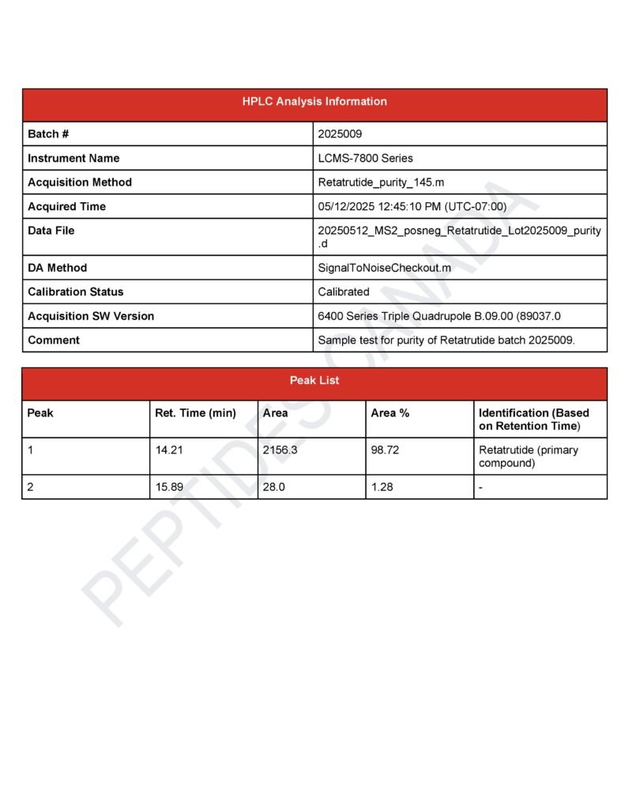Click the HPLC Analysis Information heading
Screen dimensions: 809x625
point(314,102)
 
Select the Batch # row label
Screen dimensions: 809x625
point(49,134)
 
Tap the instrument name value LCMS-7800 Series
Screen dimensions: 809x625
point(365,158)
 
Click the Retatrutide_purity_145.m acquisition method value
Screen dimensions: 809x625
point(381,182)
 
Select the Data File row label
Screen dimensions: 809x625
point(51,231)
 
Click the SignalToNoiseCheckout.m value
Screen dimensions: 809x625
point(384,268)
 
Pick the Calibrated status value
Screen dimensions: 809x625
point(343,292)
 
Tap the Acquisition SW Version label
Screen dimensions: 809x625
point(91,316)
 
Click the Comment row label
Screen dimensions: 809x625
point(54,341)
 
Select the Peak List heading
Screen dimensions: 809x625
point(314,381)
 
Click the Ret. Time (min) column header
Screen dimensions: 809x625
point(195,413)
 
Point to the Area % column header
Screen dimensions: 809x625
point(390,413)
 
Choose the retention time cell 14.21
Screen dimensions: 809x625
point(169,450)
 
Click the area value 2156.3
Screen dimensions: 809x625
point(281,450)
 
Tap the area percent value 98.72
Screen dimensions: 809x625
point(385,450)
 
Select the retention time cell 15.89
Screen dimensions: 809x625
point(169,487)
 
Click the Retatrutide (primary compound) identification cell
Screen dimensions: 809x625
point(528,457)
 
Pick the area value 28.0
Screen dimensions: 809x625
point(274,487)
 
